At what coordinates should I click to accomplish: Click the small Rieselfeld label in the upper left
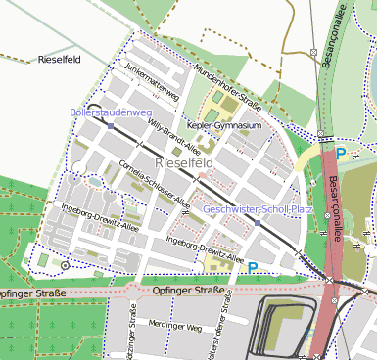coord(57,60)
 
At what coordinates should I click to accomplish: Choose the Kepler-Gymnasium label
coord(223,126)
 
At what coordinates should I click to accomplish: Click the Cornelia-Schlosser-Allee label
coord(154,183)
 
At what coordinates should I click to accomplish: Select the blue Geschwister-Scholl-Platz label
coord(257,209)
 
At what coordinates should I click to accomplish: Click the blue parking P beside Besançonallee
coord(340,154)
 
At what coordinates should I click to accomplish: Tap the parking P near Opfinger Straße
coord(253,267)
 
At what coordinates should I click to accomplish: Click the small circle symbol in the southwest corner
coord(65,265)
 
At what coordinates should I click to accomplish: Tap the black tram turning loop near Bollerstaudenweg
coord(93,110)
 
